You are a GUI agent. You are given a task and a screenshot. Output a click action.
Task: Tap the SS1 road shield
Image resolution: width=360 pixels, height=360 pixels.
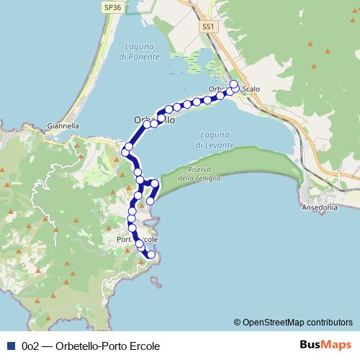(209, 26)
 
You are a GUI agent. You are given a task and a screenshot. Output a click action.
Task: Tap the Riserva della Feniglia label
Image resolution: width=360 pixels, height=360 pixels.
(199, 174)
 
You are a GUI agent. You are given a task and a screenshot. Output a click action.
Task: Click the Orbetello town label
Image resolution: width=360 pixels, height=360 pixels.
(154, 120)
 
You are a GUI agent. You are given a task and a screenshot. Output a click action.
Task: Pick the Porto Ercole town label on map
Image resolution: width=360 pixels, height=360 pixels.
(137, 239)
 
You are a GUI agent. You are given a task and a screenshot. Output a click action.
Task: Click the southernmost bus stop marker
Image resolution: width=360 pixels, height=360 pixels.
(151, 254)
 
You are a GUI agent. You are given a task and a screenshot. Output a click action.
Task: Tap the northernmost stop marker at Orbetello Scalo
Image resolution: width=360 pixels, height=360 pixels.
(233, 85)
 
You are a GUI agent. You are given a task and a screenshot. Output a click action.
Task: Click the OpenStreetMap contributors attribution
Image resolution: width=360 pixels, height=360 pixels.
(293, 322)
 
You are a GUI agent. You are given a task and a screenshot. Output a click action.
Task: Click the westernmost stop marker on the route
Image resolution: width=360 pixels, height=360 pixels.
(125, 153)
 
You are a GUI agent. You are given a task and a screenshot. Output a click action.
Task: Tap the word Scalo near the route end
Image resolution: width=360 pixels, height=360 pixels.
(251, 89)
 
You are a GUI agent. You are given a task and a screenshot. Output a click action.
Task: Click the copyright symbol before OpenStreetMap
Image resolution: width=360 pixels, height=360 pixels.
(237, 322)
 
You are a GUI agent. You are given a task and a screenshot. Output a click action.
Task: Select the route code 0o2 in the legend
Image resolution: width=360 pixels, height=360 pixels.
(30, 346)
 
